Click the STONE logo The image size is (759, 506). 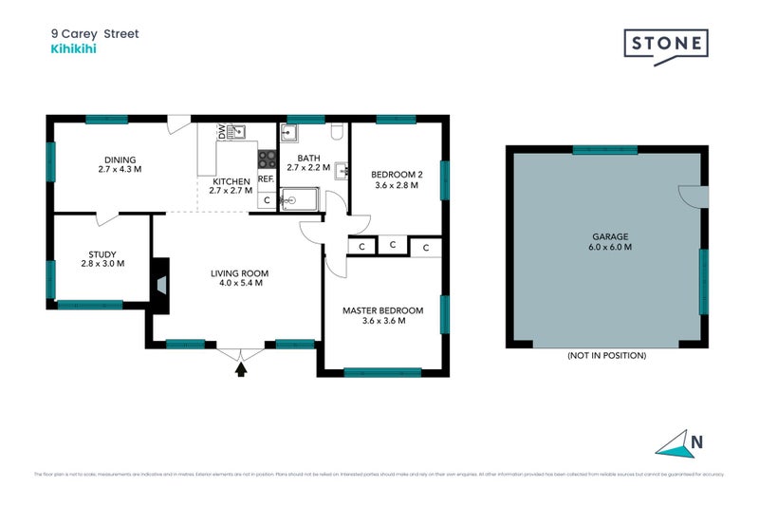pyautogui.click(x=665, y=45)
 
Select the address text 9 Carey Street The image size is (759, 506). pyautogui.click(x=95, y=33)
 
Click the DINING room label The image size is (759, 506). pyautogui.click(x=120, y=164)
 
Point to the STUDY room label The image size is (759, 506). pyautogui.click(x=102, y=258)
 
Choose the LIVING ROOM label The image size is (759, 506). pyautogui.click(x=236, y=276)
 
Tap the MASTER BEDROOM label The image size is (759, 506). pyautogui.click(x=382, y=314)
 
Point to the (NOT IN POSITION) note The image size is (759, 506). pyautogui.click(x=606, y=355)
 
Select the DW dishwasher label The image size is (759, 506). pyautogui.click(x=222, y=134)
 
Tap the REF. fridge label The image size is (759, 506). pyautogui.click(x=266, y=179)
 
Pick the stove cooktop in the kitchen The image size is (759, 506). pyautogui.click(x=267, y=159)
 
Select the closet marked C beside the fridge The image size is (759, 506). pyautogui.click(x=267, y=199)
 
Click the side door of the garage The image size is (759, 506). pyautogui.click(x=694, y=195)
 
